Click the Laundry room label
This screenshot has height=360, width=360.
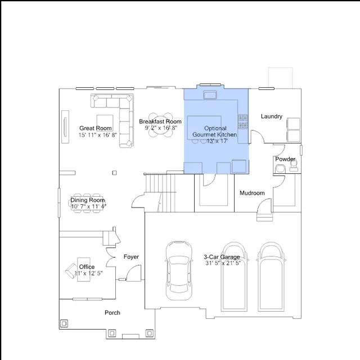coord(271,116)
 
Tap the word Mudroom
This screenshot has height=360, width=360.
coord(252,193)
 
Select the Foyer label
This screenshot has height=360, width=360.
coord(131,256)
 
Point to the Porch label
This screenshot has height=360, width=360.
coord(112,313)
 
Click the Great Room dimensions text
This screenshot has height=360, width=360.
coord(98,135)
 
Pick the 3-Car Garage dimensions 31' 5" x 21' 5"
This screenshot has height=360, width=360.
coord(223,263)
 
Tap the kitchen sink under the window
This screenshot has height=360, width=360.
coord(210,95)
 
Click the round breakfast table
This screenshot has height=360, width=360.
coord(161,125)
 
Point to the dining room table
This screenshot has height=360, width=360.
coord(87,203)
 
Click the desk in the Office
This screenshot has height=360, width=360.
coord(84,269)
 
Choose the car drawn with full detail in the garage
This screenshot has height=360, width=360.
coord(179,271)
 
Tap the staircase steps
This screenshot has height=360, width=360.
coord(160,193)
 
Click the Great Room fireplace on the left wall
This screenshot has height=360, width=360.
coord(65,127)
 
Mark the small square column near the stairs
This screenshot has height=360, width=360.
coord(114,173)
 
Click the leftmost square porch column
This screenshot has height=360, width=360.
coord(64,323)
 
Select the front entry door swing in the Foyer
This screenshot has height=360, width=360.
coord(134,273)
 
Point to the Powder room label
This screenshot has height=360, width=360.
coord(285,159)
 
